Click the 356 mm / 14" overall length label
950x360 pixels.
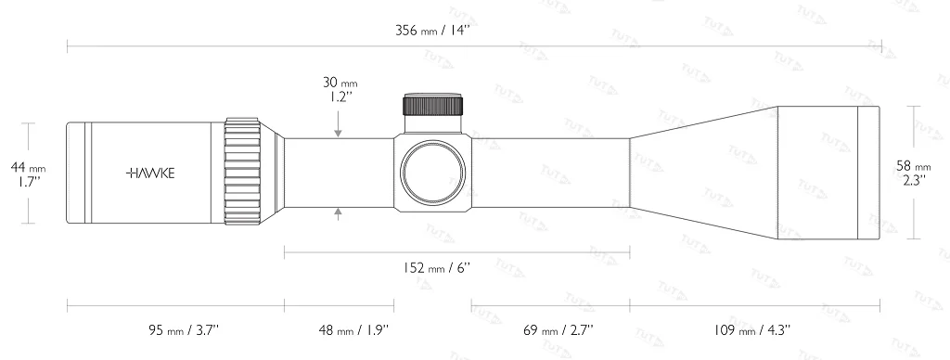pos(433,31)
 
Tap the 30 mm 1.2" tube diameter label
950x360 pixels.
pos(340,89)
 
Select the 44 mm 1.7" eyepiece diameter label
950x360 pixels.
pos(28,174)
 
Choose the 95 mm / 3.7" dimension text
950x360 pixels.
pos(184,329)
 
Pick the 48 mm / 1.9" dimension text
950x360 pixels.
pos(353,329)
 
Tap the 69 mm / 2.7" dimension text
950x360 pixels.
pos(558,329)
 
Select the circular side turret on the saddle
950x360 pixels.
pos(432,173)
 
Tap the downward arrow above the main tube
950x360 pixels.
pos(340,128)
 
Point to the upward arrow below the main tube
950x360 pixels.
pos(340,215)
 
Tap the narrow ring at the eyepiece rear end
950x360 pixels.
pos(77,173)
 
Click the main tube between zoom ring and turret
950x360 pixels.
pos(338,173)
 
